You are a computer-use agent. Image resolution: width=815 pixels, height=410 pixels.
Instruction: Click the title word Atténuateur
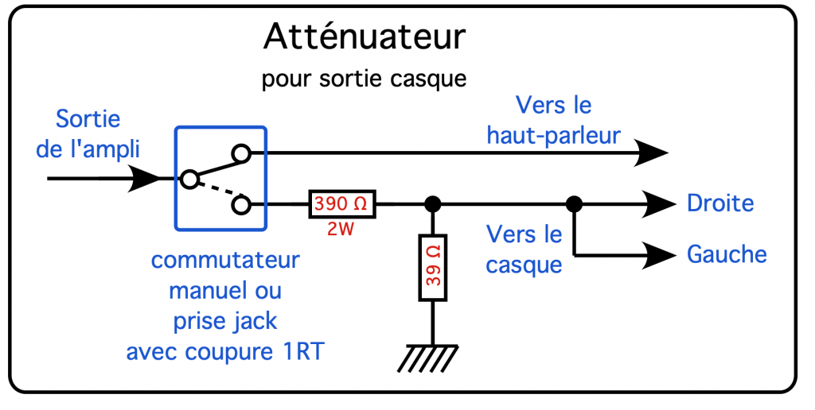[x=364, y=37]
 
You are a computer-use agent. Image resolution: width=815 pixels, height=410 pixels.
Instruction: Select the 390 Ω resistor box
[x=341, y=205]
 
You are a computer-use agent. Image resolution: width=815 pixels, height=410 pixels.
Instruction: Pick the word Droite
[x=719, y=203]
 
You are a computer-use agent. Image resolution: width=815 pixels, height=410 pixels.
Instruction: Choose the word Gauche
[x=726, y=254]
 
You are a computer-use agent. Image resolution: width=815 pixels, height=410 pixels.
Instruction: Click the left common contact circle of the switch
[x=189, y=179]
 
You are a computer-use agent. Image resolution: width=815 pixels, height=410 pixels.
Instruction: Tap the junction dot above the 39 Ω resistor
[x=433, y=205]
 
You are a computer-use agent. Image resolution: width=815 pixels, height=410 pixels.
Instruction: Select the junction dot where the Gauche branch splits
[x=573, y=205]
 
